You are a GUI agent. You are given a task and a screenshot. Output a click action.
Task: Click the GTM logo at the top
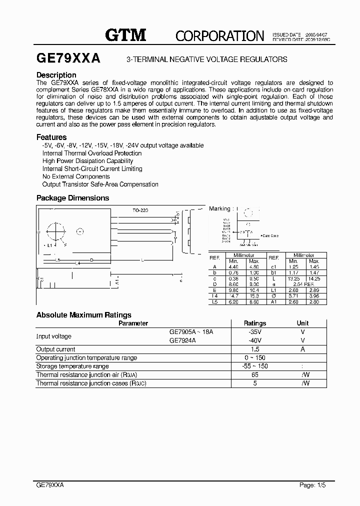coord(125,34)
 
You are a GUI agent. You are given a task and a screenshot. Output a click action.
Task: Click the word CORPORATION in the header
coord(219,35)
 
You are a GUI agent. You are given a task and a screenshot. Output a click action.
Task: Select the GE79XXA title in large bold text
coord(68,58)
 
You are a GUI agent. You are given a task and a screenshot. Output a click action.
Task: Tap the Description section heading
coord(56,75)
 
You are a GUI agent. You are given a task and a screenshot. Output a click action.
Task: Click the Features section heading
coord(51,137)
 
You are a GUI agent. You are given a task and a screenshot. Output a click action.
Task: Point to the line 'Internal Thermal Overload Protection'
coord(92,153)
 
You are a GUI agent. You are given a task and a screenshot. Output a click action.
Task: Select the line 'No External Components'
coord(76,176)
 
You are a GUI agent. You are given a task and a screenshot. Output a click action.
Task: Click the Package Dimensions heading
coord(72,198)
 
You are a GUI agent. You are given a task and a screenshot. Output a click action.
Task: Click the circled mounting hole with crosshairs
coord(55,232)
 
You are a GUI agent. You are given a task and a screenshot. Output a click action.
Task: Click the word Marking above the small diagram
coord(219,208)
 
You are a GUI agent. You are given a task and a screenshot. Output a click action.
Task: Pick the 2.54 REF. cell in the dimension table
coord(303,283)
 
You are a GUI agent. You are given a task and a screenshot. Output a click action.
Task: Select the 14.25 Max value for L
coord(314,278)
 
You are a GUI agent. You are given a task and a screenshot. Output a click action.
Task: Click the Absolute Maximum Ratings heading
coord(84,315)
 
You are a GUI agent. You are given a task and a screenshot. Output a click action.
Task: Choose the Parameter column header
coord(133,323)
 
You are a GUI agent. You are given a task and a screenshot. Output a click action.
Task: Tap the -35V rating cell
coord(255,331)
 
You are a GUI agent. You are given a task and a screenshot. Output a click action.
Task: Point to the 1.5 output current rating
coord(255,349)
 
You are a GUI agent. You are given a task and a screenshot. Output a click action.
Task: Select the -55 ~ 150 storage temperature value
coord(255,366)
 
